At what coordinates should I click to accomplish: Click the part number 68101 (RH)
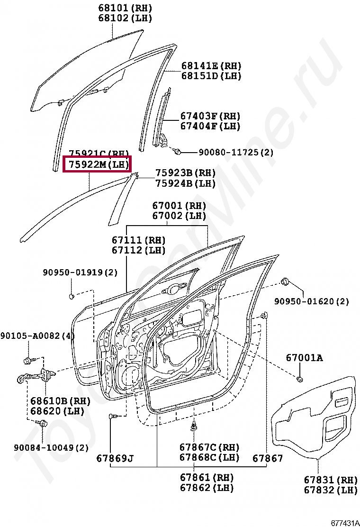point(125,8)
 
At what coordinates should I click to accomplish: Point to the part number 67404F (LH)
point(210,127)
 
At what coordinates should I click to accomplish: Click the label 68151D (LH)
point(211,76)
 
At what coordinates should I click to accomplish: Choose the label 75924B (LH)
point(185,183)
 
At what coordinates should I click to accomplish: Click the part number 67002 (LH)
point(179,216)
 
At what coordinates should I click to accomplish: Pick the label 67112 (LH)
point(138,250)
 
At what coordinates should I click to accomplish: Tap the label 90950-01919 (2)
point(80,273)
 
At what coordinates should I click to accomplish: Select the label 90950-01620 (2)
point(312,301)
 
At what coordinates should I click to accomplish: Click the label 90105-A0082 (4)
point(37,336)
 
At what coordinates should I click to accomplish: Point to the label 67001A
point(304,358)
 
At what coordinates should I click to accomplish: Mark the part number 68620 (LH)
point(60,411)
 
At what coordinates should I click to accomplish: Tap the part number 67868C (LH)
point(209,457)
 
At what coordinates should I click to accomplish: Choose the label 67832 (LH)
point(330,490)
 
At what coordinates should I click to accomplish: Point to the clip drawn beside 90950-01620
point(286,282)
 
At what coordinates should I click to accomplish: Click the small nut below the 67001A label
point(300,379)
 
